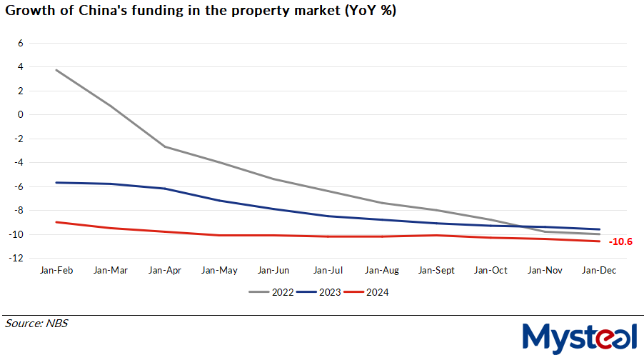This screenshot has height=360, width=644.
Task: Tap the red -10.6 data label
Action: [620, 242]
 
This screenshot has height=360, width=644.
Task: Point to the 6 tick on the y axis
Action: [21, 43]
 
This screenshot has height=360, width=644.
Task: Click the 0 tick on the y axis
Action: [21, 114]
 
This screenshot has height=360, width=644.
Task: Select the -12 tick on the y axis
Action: [18, 258]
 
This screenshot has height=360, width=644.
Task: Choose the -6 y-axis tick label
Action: [19, 186]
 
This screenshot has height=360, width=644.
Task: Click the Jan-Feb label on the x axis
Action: [56, 271]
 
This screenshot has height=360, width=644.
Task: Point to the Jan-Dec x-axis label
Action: [600, 271]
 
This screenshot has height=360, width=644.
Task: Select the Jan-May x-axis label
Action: [219, 271]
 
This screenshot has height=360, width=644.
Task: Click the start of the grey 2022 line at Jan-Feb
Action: [56, 70]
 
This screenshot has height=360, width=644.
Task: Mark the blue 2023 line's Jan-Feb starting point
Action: [56, 182]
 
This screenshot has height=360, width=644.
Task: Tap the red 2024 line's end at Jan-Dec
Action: [600, 241]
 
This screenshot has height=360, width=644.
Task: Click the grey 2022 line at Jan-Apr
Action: [165, 146]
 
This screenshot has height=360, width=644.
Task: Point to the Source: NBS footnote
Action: [36, 324]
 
